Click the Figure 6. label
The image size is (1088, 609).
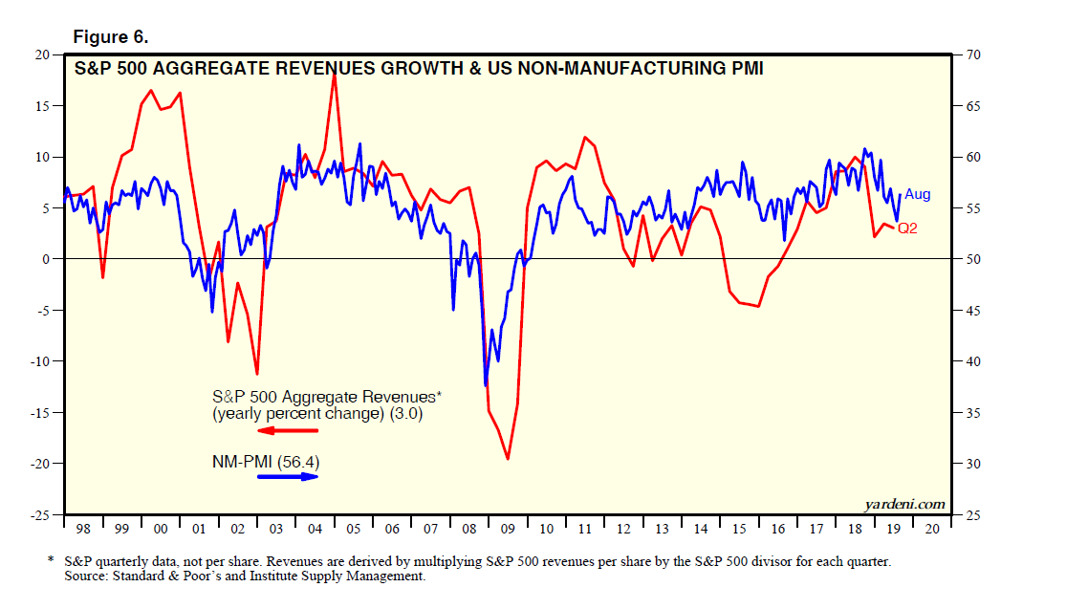(x=110, y=37)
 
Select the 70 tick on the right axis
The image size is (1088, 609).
(x=973, y=54)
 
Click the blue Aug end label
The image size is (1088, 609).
(x=917, y=195)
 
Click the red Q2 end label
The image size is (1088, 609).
(x=906, y=228)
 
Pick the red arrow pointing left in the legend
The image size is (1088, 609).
(x=287, y=431)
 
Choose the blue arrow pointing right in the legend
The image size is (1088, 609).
(x=288, y=475)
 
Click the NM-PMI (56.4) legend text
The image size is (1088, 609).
(x=265, y=462)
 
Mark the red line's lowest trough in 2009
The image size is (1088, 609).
(x=508, y=459)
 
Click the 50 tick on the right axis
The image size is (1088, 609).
(x=973, y=259)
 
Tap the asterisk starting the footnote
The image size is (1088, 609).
(x=50, y=561)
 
